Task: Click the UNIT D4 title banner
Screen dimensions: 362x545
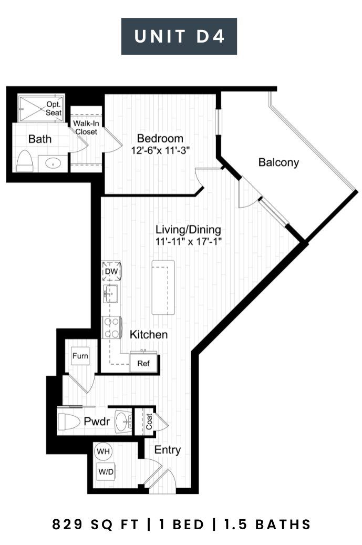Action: pyautogui.click(x=179, y=36)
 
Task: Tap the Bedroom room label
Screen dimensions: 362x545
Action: pyautogui.click(x=160, y=138)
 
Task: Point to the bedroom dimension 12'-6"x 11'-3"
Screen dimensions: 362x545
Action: pyautogui.click(x=160, y=150)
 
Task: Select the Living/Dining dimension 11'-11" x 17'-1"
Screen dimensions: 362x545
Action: pyautogui.click(x=188, y=241)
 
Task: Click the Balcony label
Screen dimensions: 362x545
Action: pyautogui.click(x=278, y=162)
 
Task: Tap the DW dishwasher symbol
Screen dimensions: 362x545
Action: pyautogui.click(x=111, y=271)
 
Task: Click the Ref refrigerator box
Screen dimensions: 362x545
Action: pyautogui.click(x=143, y=363)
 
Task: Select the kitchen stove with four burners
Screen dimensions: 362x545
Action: pyautogui.click(x=111, y=327)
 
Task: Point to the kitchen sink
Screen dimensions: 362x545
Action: pyautogui.click(x=110, y=294)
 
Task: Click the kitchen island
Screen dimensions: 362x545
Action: pyautogui.click(x=163, y=287)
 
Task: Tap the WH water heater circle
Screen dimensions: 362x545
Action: pyautogui.click(x=103, y=451)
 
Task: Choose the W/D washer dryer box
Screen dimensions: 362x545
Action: pyautogui.click(x=106, y=471)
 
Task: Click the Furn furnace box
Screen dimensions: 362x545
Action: pyautogui.click(x=80, y=356)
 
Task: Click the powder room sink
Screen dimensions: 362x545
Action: pyautogui.click(x=123, y=422)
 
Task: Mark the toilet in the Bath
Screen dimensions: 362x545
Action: pyautogui.click(x=25, y=161)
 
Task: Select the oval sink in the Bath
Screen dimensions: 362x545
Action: pyautogui.click(x=53, y=163)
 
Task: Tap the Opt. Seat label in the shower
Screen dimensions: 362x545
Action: pyautogui.click(x=54, y=108)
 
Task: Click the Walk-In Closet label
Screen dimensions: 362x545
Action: pyautogui.click(x=86, y=128)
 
